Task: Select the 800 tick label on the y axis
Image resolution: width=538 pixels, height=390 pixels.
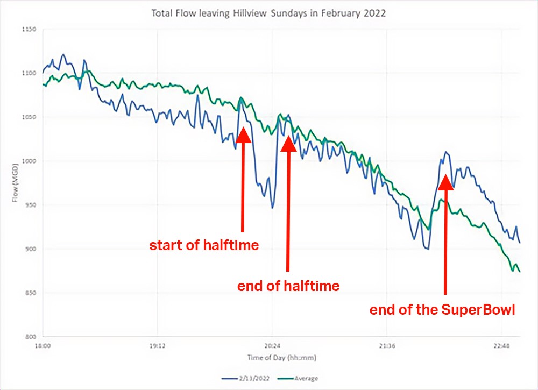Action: [30, 337]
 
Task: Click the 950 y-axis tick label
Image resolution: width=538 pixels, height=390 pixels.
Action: [30, 205]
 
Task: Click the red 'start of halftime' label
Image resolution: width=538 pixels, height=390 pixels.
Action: [204, 245]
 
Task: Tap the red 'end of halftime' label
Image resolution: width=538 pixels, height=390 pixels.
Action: [288, 286]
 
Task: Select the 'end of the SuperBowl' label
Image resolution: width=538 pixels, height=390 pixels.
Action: [443, 310]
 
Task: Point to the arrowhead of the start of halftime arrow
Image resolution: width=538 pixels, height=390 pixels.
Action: [243, 133]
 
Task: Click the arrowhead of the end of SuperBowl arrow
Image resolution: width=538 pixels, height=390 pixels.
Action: [445, 181]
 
